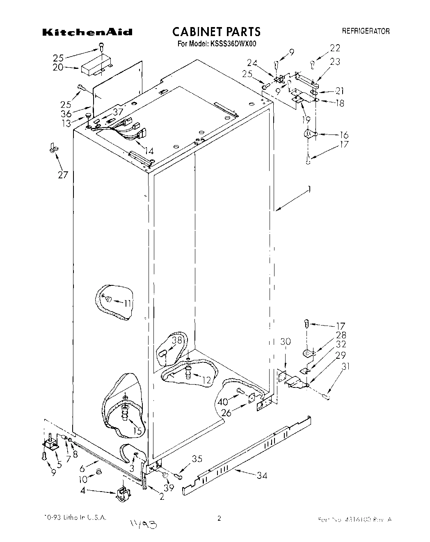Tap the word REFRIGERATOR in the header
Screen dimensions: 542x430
[x=366, y=31]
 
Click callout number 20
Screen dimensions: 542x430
[x=58, y=67]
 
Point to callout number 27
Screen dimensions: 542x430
[x=62, y=175]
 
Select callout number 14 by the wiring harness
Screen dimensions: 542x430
[x=149, y=151]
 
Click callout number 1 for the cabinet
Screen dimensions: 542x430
[x=309, y=189]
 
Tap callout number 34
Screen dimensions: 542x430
[x=261, y=475]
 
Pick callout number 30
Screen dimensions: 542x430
[x=286, y=341]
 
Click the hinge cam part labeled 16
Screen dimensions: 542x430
[x=309, y=134]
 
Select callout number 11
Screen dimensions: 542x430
[x=128, y=303]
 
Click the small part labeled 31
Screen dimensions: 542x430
[x=326, y=396]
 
